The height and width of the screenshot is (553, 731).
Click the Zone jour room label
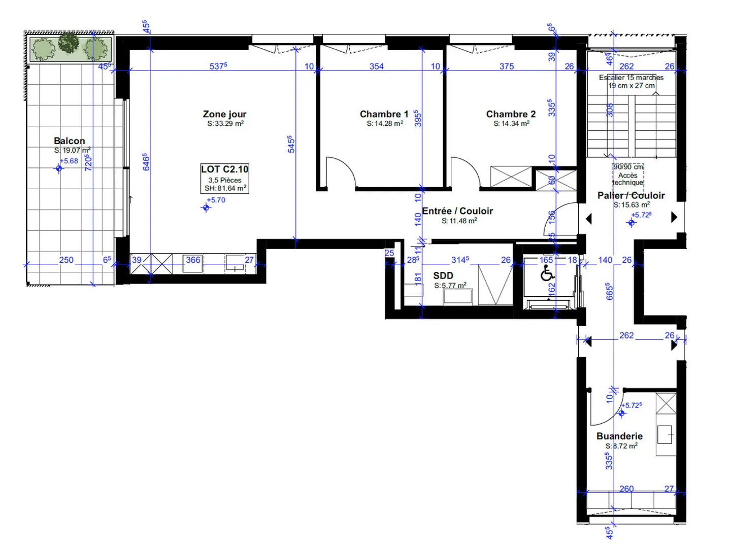point(224,115)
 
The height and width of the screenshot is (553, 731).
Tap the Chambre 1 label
point(384,115)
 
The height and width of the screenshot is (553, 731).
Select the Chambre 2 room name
point(511,115)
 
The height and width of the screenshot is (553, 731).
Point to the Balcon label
point(70,141)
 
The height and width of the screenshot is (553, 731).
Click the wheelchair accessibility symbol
point(547,274)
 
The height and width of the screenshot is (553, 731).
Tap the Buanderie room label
point(619,436)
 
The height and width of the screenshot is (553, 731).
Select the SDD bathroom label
point(443,275)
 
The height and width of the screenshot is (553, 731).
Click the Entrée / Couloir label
point(457,211)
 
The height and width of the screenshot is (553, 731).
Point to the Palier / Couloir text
point(631,196)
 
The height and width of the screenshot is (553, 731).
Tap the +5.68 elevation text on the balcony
point(69,161)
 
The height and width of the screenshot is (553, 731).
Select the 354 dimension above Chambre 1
point(376,66)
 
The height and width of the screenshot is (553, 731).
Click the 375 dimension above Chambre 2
point(506,66)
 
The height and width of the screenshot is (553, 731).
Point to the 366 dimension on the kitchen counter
point(193,260)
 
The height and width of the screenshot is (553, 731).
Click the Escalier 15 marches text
point(631,78)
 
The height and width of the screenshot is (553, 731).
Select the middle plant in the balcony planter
point(69,43)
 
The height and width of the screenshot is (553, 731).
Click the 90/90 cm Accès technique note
point(628,175)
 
